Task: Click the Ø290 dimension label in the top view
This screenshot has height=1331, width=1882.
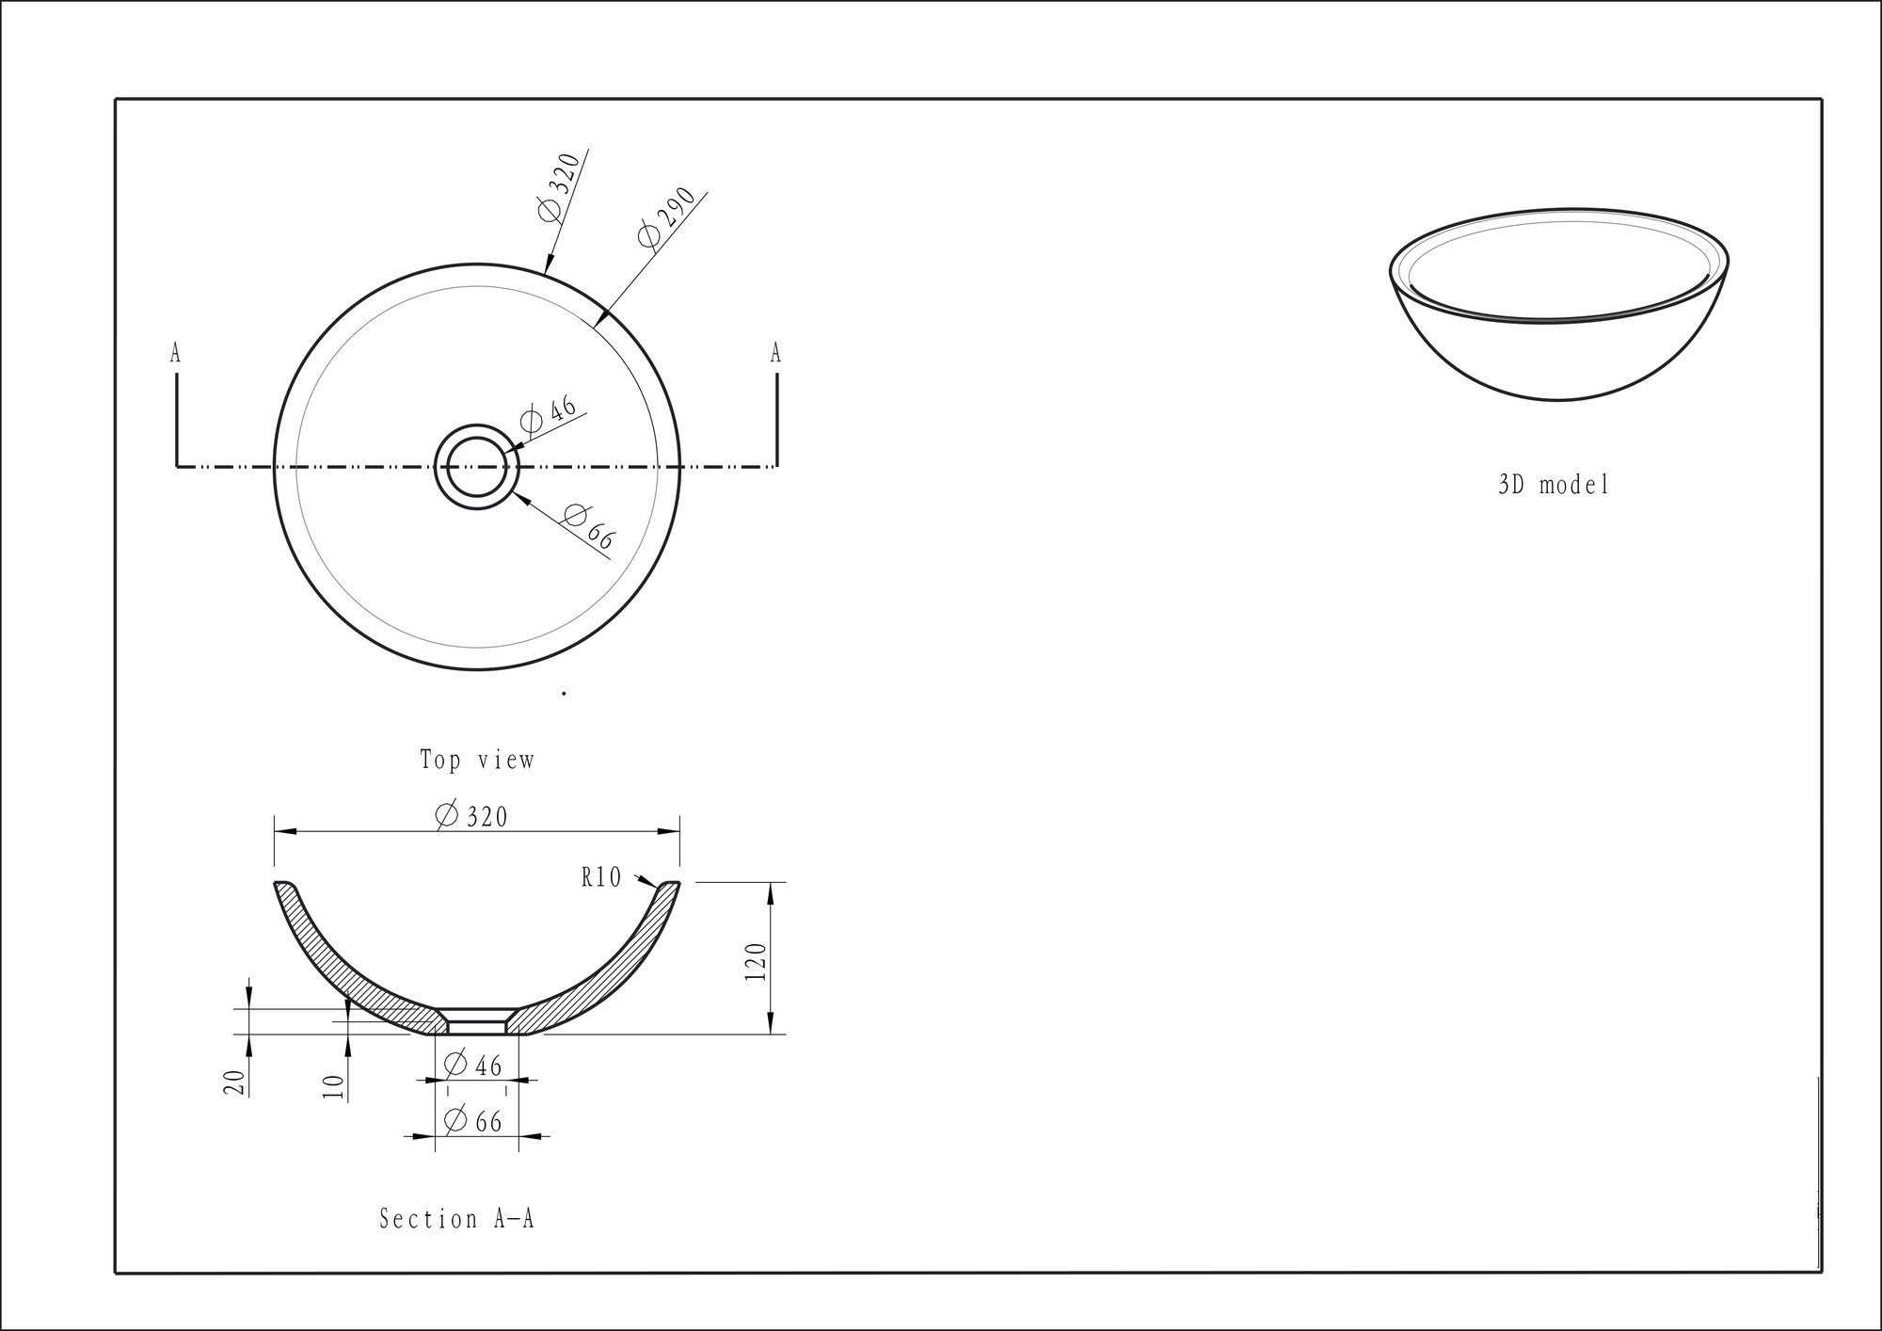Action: click(666, 217)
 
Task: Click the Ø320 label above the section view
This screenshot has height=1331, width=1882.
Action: click(471, 815)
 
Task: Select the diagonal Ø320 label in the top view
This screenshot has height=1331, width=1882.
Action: click(559, 186)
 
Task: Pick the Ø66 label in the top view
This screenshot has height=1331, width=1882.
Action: click(589, 527)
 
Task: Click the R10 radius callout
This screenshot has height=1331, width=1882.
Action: click(601, 877)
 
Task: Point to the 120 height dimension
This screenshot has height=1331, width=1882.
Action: click(756, 961)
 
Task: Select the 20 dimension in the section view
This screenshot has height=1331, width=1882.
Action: click(235, 1082)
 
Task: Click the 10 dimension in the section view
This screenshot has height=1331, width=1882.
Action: click(334, 1087)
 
